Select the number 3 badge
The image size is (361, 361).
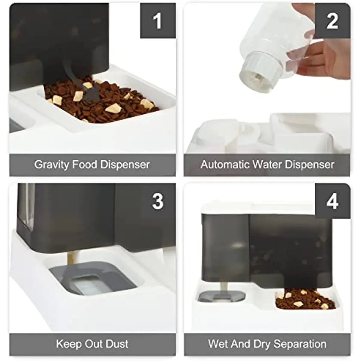tap(158, 201)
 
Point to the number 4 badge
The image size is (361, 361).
tap(332, 201)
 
